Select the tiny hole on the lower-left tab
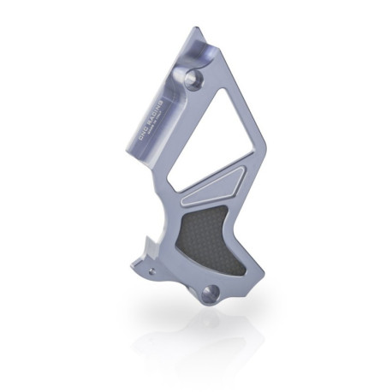153,270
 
